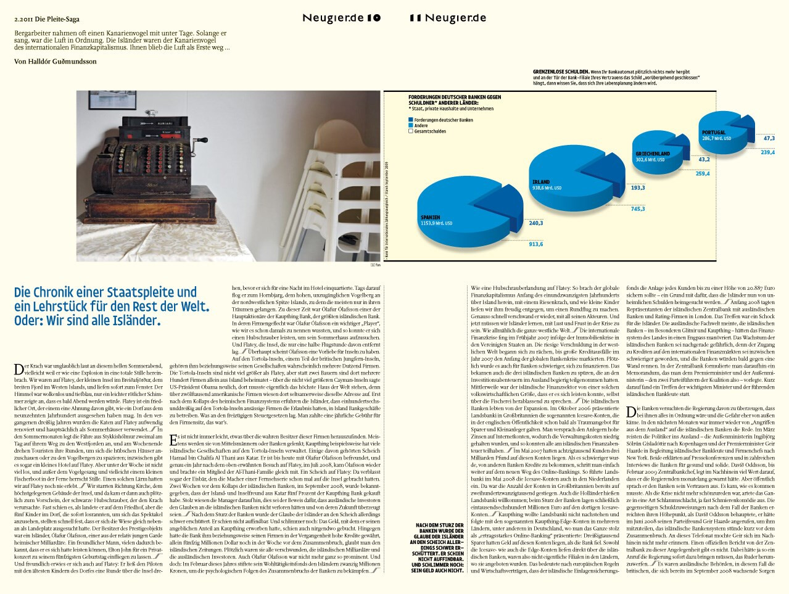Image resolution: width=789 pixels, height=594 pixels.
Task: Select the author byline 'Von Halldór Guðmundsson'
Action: (x=55, y=61)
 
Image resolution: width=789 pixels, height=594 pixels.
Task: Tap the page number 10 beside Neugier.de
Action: (x=374, y=18)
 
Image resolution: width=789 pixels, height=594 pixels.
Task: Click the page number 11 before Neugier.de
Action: (x=415, y=18)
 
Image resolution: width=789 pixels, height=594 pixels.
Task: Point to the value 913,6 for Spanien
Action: (x=535, y=244)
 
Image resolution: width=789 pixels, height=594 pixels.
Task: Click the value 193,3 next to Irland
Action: (x=637, y=188)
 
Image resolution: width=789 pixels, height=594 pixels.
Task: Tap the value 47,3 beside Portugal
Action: (x=769, y=138)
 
